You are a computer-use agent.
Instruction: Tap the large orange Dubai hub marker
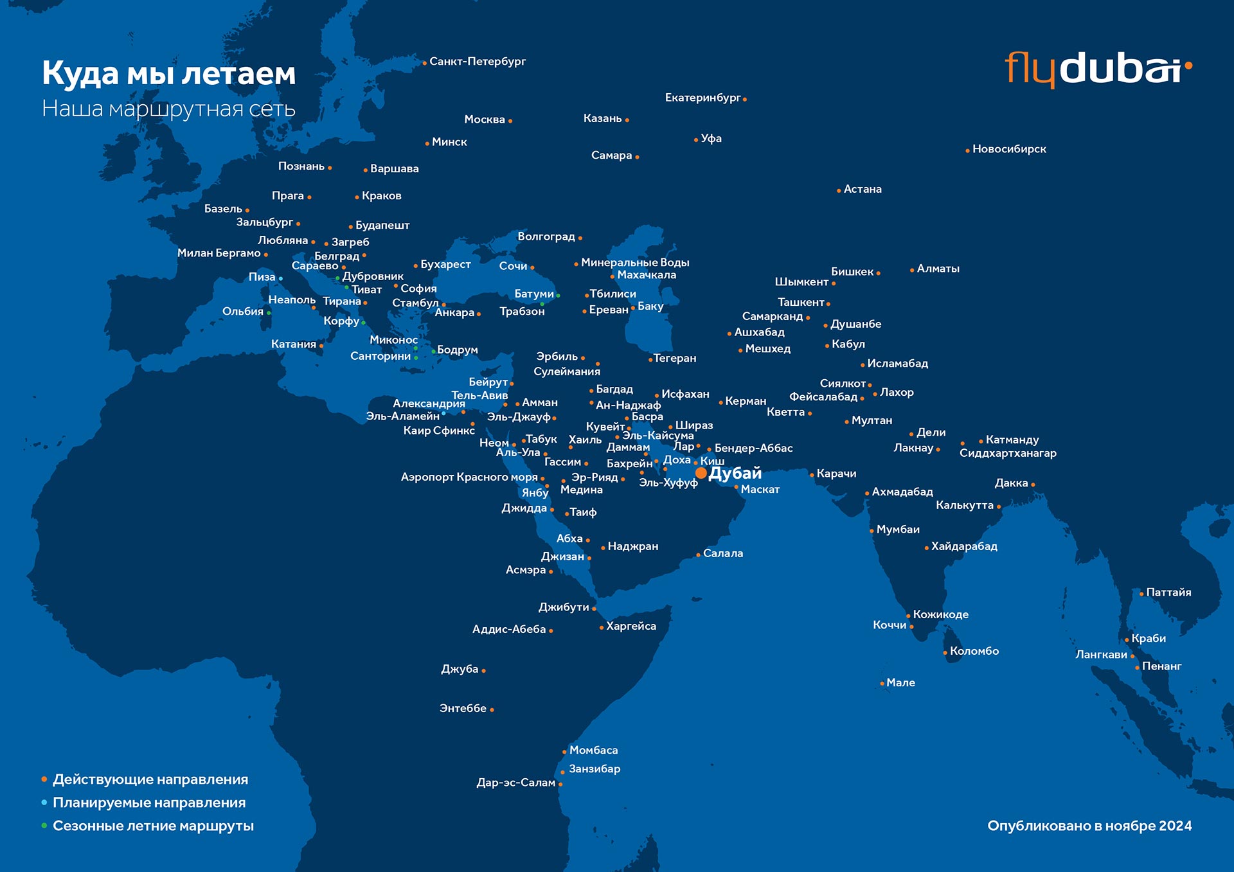coord(701,473)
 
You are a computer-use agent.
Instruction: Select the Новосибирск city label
coord(1009,149)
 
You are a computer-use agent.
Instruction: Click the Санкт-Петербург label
coord(478,62)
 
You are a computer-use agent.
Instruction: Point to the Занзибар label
coord(595,769)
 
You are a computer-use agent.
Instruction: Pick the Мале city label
coord(900,682)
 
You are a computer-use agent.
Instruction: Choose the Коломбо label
coord(974,651)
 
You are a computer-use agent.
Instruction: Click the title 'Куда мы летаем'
coord(169,73)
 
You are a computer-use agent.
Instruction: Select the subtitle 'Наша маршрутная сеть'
coord(168,109)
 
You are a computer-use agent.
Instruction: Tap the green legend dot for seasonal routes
coord(44,826)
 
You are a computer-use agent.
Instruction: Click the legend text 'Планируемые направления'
coord(149,803)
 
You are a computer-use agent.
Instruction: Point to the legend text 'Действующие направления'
coord(150,779)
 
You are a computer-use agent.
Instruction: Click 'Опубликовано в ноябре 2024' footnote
coord(1089,826)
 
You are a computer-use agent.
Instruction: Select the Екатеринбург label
coord(702,98)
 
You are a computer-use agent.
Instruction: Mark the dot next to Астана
coord(839,191)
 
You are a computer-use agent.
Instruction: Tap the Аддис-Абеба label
coord(509,629)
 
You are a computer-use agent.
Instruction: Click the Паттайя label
coord(1168,592)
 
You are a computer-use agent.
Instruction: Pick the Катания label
coord(294,344)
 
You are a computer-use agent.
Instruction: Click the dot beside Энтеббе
coord(492,710)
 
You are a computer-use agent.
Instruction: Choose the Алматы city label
coord(938,269)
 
